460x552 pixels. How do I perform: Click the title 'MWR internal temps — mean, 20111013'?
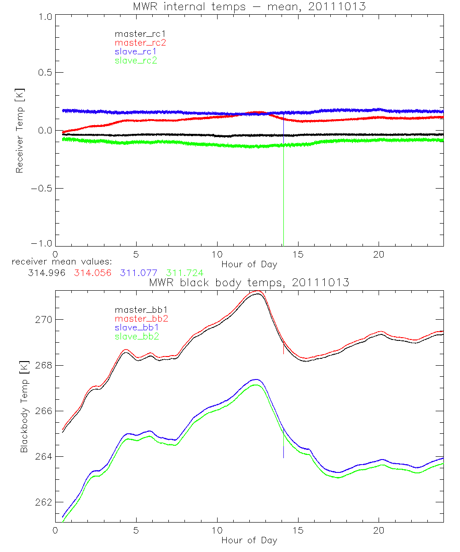(x=249, y=6)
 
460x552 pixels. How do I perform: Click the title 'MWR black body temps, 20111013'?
(x=249, y=282)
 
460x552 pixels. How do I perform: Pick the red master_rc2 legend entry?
(x=140, y=42)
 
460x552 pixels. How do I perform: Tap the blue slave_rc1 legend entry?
(x=136, y=51)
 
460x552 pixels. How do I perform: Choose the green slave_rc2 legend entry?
(x=136, y=60)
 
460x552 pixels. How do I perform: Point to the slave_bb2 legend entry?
(x=137, y=337)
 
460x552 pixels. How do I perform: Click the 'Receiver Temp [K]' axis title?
(x=19, y=130)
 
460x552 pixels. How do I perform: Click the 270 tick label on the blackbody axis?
(x=44, y=320)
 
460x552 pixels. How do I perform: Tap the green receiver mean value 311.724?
(x=185, y=273)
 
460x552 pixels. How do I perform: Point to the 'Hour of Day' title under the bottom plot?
(x=249, y=540)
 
